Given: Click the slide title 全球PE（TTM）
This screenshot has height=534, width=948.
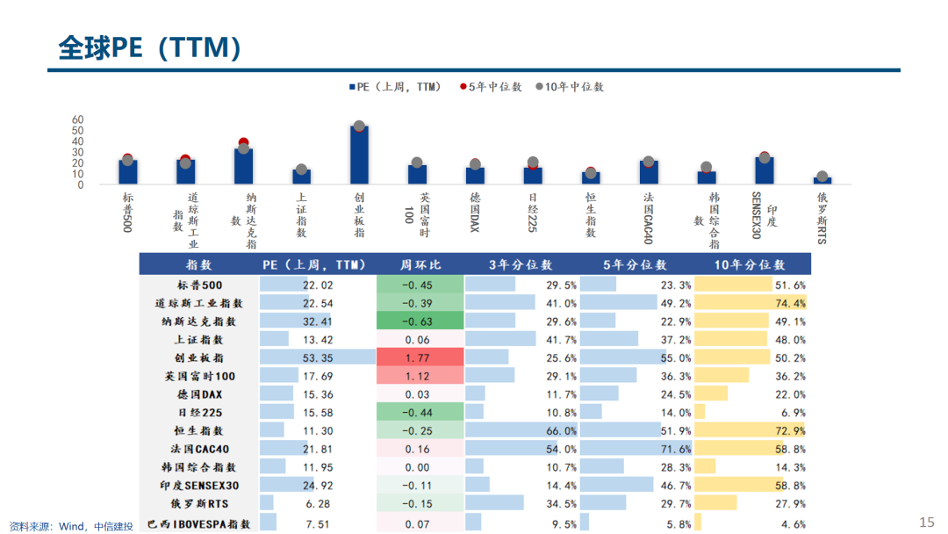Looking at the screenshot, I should pyautogui.click(x=150, y=47).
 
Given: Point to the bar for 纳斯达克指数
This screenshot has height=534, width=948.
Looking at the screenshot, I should pyautogui.click(x=243, y=165).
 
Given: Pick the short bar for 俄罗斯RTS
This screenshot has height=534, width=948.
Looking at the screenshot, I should pyautogui.click(x=822, y=180).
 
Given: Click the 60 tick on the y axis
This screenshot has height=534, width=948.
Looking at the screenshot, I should pyautogui.click(x=77, y=119).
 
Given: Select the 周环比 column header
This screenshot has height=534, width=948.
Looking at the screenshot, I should pyautogui.click(x=420, y=264).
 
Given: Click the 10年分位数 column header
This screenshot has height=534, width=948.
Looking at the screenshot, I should pyautogui.click(x=750, y=264).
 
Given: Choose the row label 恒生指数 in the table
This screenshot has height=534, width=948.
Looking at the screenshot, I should pyautogui.click(x=199, y=431).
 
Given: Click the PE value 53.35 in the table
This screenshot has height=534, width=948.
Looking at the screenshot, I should pyautogui.click(x=317, y=357).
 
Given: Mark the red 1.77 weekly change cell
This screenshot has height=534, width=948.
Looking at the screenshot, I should pyautogui.click(x=420, y=357).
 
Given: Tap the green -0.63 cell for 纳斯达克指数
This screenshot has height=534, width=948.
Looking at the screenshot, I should pyautogui.click(x=420, y=321).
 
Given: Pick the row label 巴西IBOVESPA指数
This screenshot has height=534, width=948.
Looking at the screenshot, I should pyautogui.click(x=199, y=524).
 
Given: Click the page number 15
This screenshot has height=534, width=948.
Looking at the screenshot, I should pyautogui.click(x=927, y=523).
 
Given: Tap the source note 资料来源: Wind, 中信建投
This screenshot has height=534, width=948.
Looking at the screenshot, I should pyautogui.click(x=71, y=526).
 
